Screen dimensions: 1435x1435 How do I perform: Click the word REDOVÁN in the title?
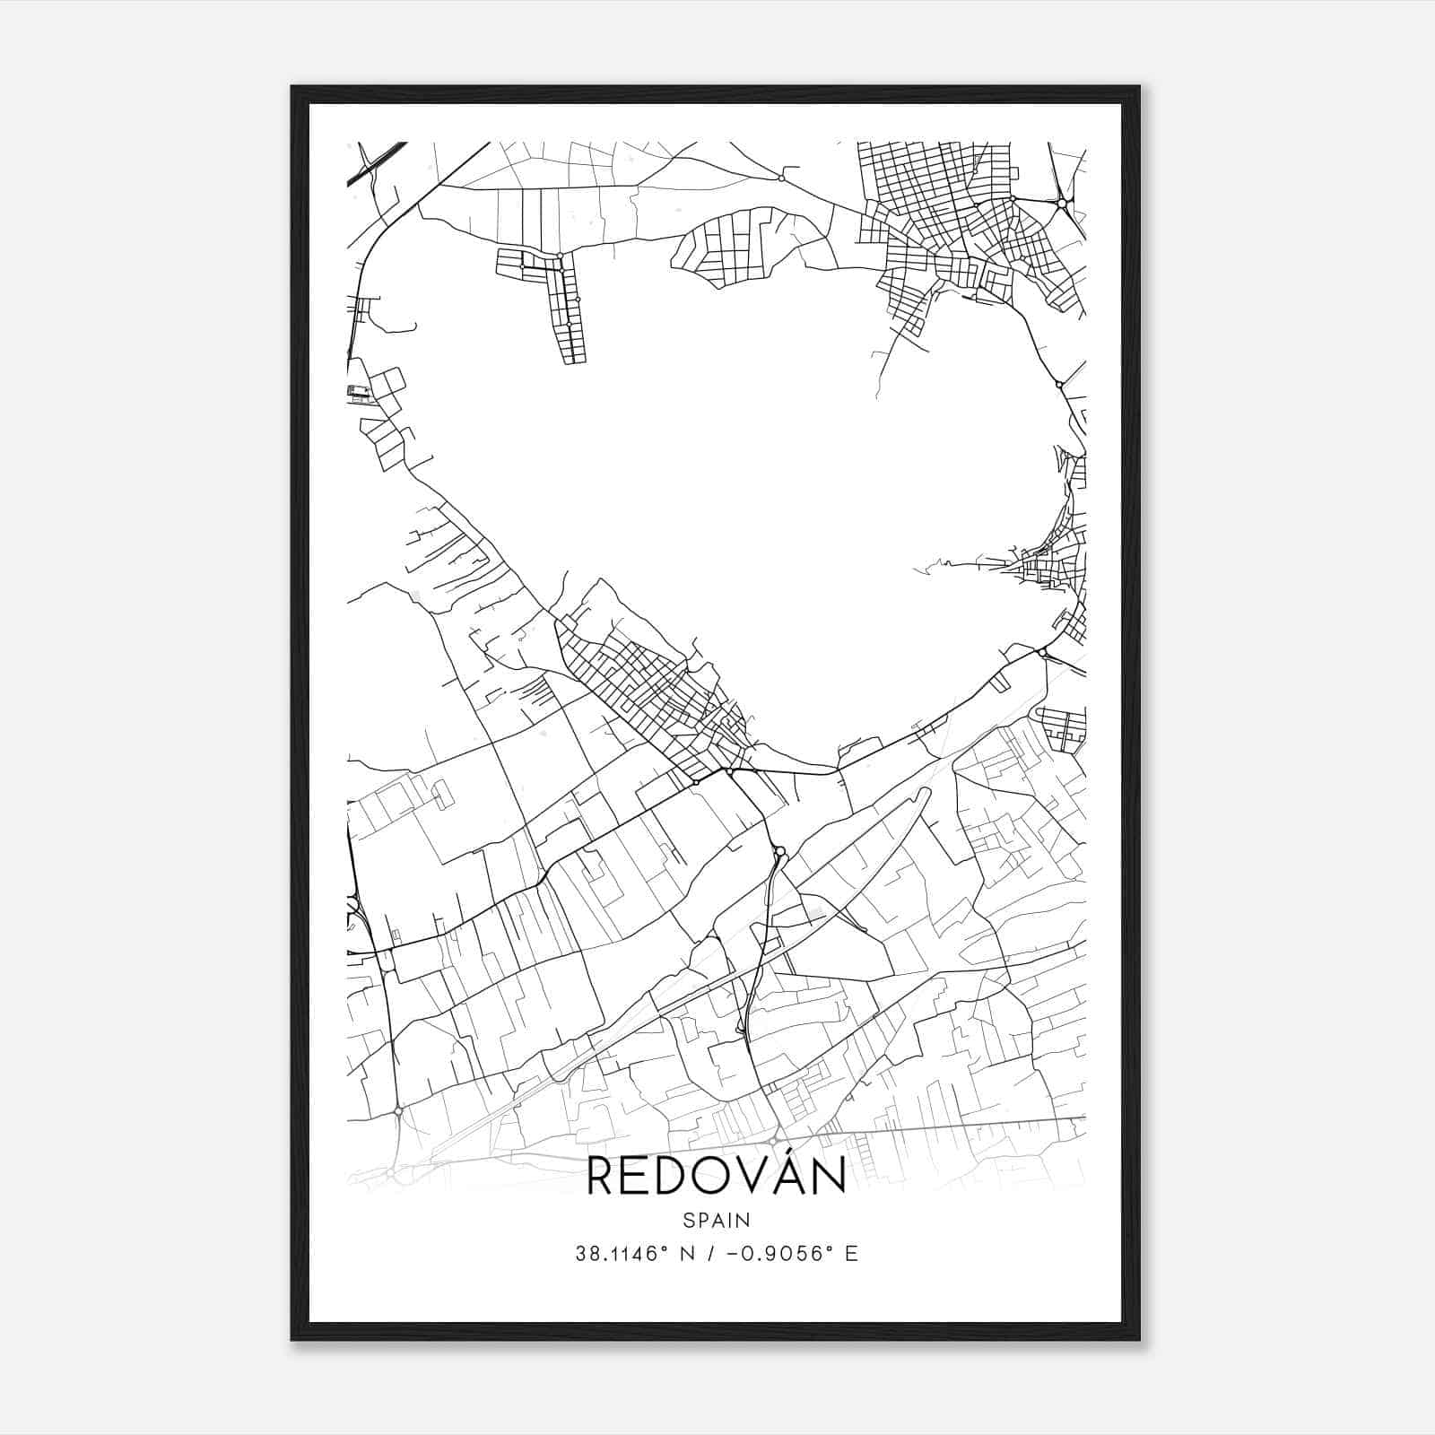pos(716,1177)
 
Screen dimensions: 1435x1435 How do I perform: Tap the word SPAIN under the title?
pos(716,1220)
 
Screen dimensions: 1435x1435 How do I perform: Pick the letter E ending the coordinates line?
pos(851,1254)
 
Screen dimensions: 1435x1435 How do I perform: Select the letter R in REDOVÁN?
pos(600,1178)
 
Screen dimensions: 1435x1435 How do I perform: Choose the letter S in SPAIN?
pos(687,1220)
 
